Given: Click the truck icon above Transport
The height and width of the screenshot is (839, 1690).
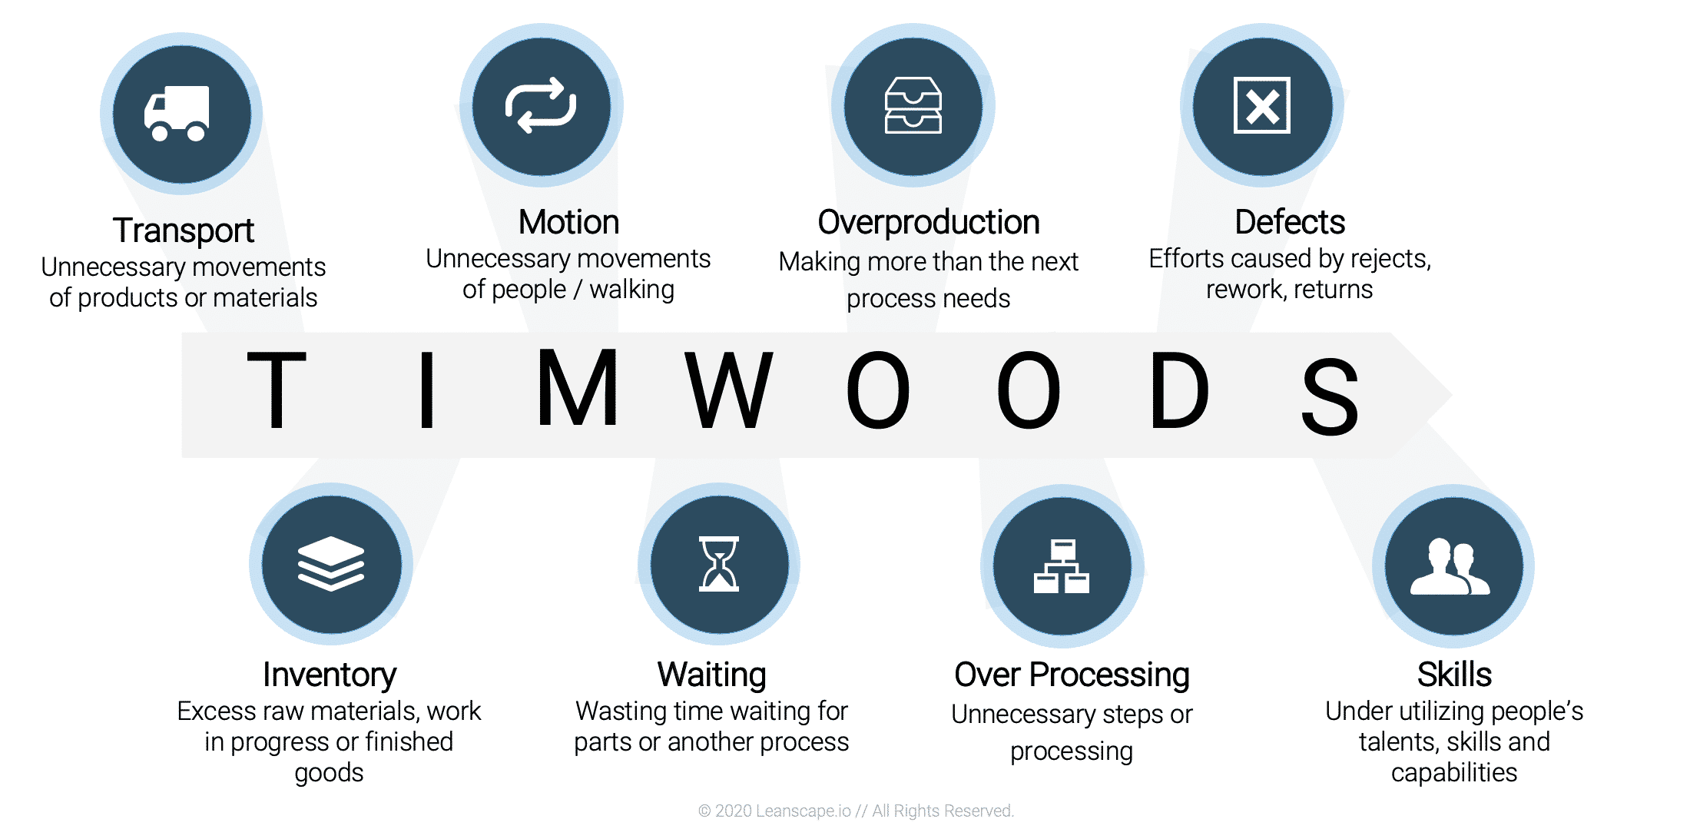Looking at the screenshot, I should click(x=177, y=114).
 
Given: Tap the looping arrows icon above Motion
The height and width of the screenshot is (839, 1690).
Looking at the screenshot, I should click(x=541, y=105).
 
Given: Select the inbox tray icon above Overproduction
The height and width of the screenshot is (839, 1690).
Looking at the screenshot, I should click(x=913, y=105).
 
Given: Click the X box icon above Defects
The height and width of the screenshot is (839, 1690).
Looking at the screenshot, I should click(x=1261, y=105).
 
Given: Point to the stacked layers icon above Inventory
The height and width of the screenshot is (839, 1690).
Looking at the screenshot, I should click(x=330, y=564).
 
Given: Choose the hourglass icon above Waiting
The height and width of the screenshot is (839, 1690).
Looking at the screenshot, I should click(x=719, y=564).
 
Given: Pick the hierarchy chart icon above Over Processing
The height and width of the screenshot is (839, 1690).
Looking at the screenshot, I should click(x=1062, y=566).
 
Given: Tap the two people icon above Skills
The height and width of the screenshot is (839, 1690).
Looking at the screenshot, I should click(x=1450, y=566).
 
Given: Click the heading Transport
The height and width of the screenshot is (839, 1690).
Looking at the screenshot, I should click(x=183, y=230).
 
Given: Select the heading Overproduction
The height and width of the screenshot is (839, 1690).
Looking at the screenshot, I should click(x=928, y=222).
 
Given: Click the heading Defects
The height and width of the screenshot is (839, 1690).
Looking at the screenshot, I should click(x=1290, y=222).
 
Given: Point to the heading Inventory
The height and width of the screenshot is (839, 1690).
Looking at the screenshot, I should click(x=330, y=675).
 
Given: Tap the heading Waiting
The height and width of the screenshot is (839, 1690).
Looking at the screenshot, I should click(x=712, y=675).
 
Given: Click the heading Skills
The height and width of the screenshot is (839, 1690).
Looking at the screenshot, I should click(x=1454, y=675).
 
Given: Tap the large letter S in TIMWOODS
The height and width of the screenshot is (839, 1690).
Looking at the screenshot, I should click(x=1330, y=396).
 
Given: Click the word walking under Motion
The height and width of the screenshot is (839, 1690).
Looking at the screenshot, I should click(x=631, y=290).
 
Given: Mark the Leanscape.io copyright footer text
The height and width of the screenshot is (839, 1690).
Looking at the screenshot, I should click(x=856, y=811).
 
